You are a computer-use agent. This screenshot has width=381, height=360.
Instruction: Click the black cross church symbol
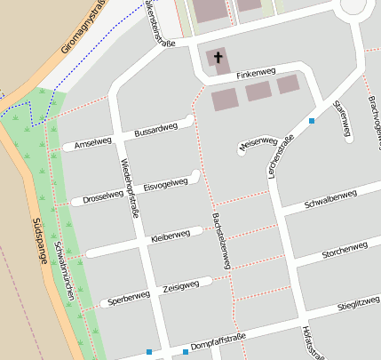pos(218,60)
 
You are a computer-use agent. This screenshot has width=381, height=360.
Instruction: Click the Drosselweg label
pos(102,196)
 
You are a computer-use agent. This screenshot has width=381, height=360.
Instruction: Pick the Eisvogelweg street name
pos(165,183)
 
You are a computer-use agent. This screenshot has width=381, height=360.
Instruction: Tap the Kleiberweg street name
pos(171,236)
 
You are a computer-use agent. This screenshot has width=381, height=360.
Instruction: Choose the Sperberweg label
pos(125,300)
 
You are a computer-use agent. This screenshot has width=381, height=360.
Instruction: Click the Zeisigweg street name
pos(180,287)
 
